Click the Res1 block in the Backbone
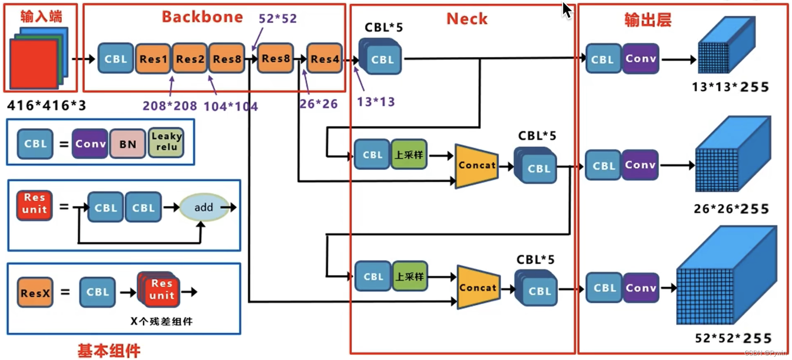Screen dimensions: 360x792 [153, 59]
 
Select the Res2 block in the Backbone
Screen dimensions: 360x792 [190, 59]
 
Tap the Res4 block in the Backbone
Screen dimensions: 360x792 [325, 59]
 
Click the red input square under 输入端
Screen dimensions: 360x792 [34, 64]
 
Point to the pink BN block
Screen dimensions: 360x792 [128, 144]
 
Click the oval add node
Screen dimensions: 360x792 [204, 207]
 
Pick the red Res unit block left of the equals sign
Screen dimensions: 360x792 [34, 205]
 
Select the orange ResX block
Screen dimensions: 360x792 [35, 292]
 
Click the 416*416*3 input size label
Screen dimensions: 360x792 [47, 105]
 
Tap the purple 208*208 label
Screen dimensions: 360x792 [170, 106]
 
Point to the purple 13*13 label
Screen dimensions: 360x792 [375, 102]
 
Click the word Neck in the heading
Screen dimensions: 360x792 [467, 19]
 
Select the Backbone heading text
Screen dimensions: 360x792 [202, 17]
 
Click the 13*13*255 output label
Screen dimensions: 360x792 [730, 87]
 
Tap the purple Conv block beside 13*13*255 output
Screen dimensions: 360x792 [640, 59]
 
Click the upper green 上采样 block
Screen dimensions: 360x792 [409, 155]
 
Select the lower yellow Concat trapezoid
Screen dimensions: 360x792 [478, 288]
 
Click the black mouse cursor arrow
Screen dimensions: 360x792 [567, 10]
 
